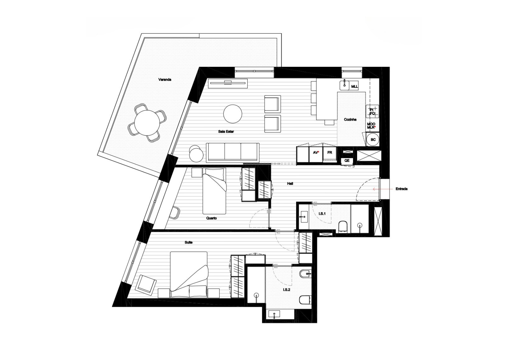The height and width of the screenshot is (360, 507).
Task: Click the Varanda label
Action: [x=165, y=80]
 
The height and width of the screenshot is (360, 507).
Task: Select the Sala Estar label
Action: [x=226, y=132]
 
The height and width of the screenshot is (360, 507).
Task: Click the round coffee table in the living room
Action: [x=233, y=114]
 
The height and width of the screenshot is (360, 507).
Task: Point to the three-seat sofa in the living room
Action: [x=233, y=153]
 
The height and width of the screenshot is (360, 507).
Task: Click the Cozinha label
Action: [x=350, y=119]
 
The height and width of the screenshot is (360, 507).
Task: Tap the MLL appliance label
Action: [x=354, y=86]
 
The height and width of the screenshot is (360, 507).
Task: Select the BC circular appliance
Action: [x=373, y=140]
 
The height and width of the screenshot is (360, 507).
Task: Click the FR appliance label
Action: [x=329, y=152]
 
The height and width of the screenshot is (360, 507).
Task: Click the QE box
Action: [x=347, y=161]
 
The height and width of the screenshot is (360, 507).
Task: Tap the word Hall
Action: [x=290, y=183]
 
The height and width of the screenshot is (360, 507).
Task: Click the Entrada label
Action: [x=401, y=189]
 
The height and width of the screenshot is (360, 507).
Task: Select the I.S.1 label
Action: [x=322, y=214]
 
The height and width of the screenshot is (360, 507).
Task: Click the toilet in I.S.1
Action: [x=343, y=227]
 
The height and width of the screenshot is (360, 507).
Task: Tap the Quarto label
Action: [x=211, y=218]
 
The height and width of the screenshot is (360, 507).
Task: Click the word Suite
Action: [x=189, y=242]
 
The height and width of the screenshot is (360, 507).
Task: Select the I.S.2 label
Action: [x=287, y=289]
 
